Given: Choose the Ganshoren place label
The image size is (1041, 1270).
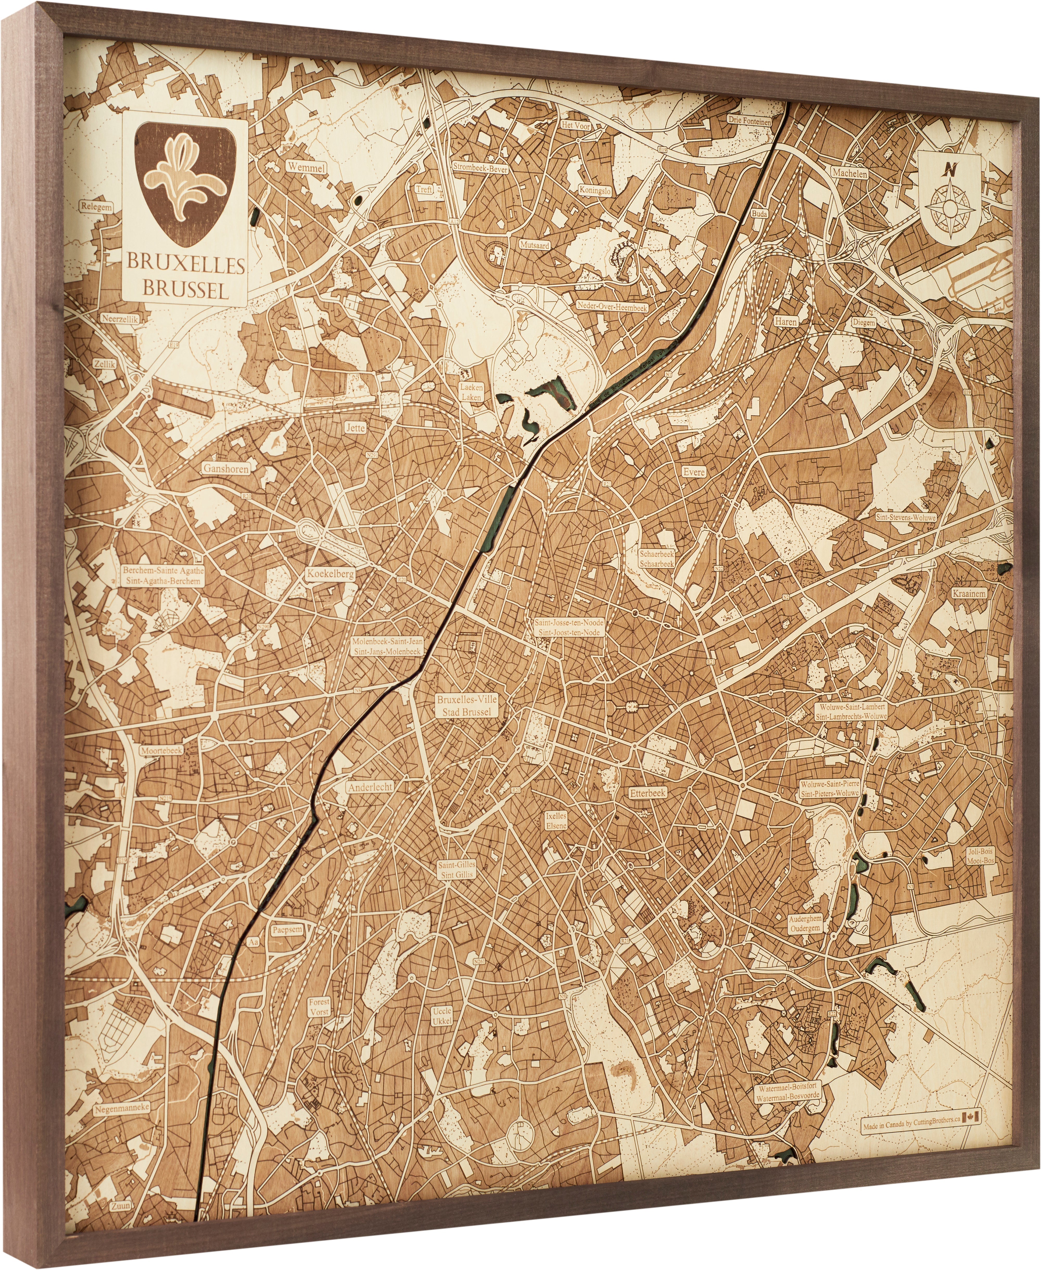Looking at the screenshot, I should pos(225,468).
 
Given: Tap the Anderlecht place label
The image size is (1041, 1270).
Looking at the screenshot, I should pos(370,787).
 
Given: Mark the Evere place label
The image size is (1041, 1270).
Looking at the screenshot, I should pos(694,472).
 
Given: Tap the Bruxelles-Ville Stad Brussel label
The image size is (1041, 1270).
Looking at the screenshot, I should pos(467,706).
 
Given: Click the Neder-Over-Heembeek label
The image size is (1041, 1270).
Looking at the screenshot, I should pos(612,306).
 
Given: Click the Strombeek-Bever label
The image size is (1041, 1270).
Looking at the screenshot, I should pos(480,169).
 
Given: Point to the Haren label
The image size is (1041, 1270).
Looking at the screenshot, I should pos(785,321).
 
